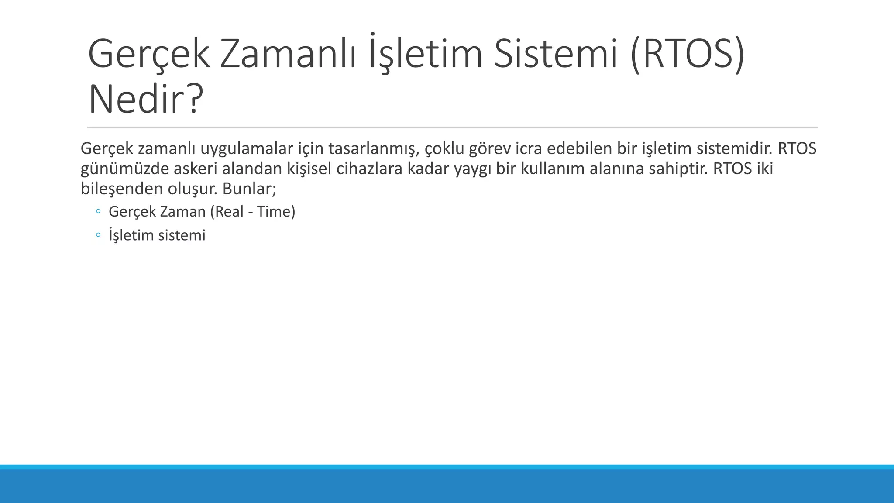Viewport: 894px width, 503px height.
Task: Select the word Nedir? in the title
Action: [x=146, y=100]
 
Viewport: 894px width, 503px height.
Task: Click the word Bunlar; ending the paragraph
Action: [x=249, y=189]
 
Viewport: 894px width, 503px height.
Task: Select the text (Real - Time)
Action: [x=252, y=212]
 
